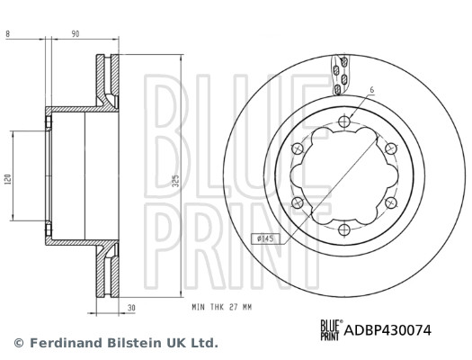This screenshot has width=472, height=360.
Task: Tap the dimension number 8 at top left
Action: (x=7, y=33)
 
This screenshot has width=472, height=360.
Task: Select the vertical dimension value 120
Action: (x=8, y=179)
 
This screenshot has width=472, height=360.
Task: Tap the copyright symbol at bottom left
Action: (x=18, y=344)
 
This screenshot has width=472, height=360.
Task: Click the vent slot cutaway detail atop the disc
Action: (x=339, y=75)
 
